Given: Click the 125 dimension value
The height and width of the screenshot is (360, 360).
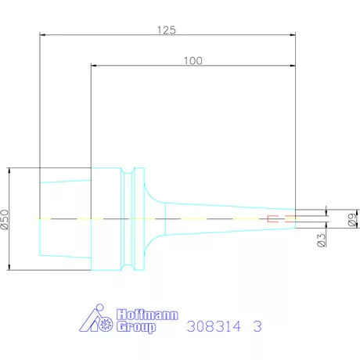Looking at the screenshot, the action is coord(167,31).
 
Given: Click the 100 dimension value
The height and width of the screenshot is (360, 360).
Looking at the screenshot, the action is coord(193,61).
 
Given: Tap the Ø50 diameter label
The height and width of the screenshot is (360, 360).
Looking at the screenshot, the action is coord(5,219).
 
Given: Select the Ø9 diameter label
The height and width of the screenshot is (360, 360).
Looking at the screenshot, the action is coord(352,219).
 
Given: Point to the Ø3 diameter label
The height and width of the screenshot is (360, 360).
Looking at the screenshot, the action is coord(322,239).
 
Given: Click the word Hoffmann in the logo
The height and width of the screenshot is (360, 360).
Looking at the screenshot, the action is coord(147,315).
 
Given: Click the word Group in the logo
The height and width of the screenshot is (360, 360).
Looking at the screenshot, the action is coord(136,327).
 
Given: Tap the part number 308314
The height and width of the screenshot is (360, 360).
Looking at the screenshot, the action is coord(214,326).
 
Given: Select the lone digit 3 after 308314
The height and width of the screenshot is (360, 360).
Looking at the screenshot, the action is coord(257,326).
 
